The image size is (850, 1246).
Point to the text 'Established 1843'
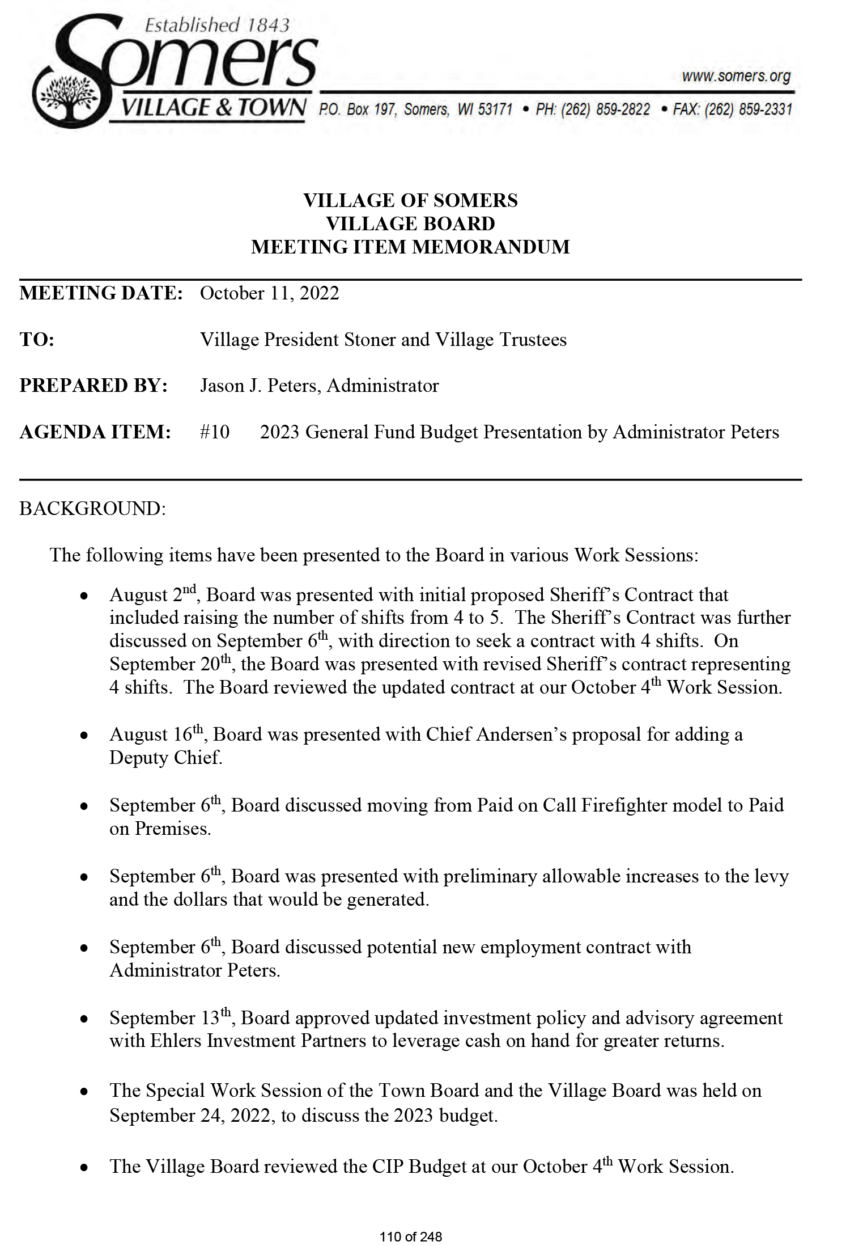click(x=217, y=25)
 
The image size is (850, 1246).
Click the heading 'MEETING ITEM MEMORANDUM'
click(x=410, y=247)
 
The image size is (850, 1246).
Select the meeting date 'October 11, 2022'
click(x=269, y=293)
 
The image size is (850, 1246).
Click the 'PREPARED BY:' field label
click(x=93, y=386)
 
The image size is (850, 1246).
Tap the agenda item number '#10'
click(x=215, y=432)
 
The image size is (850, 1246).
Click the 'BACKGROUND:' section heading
click(x=92, y=508)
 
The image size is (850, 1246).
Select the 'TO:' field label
click(x=37, y=340)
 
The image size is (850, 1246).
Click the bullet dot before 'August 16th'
click(x=84, y=736)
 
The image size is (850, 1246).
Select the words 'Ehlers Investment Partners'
click(x=258, y=1041)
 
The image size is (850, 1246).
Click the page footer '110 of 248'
click(x=411, y=1236)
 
